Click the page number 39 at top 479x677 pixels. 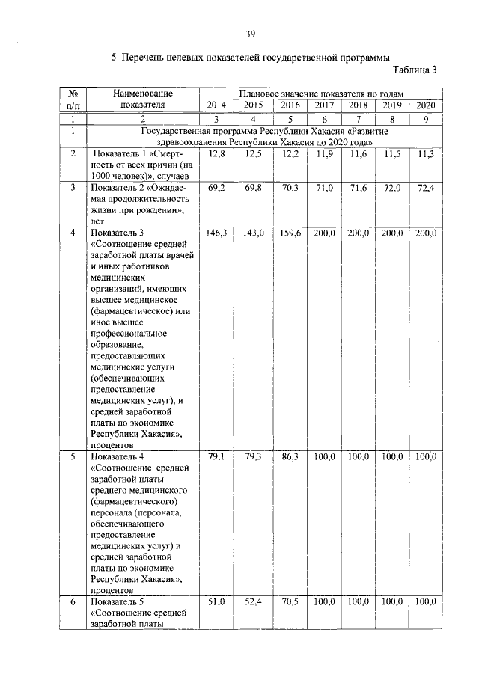click(249, 33)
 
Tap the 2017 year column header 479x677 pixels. click(325, 105)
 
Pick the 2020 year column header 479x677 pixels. click(426, 105)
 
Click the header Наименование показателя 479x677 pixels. click(142, 99)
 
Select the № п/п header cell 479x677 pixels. click(73, 99)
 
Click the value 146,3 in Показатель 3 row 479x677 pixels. click(216, 233)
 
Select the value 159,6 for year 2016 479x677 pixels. click(289, 233)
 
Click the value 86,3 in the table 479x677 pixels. click(289, 456)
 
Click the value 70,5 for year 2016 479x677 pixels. click(289, 601)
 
